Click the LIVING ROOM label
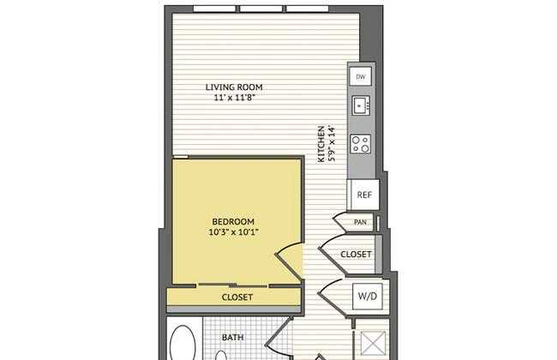point(234,87)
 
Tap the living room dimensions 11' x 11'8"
point(235,98)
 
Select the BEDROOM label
point(233,222)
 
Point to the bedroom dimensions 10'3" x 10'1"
point(233,232)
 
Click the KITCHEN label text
point(321,144)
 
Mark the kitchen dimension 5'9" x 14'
point(332,143)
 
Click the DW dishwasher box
point(360,76)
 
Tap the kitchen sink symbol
point(361,105)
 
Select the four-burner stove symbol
point(361,144)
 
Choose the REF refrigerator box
point(364,195)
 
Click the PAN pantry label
point(360,222)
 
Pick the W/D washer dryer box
point(368,296)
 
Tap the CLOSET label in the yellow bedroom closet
point(237,297)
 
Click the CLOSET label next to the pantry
point(356,255)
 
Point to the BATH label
point(233,337)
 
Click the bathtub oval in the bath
point(183,345)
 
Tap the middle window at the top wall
point(261,9)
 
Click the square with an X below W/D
point(373,344)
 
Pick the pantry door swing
point(339,223)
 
